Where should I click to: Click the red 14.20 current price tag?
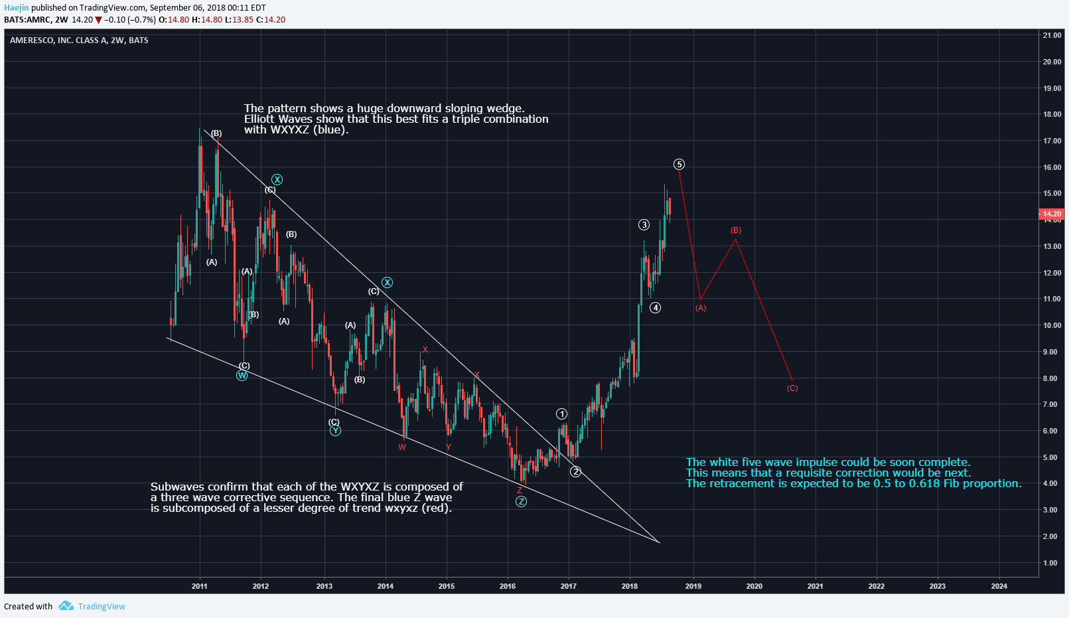pyautogui.click(x=1051, y=214)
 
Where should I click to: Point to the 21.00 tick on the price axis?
pyautogui.click(x=1052, y=35)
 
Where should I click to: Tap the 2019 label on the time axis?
pyautogui.click(x=693, y=586)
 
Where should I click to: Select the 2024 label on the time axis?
pyautogui.click(x=999, y=586)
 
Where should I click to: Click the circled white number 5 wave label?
pyautogui.click(x=679, y=165)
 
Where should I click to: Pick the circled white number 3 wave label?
pyautogui.click(x=644, y=225)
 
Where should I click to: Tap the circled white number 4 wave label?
pyautogui.click(x=655, y=307)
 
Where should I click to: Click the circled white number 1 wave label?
pyautogui.click(x=561, y=414)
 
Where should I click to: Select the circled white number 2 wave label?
pyautogui.click(x=575, y=471)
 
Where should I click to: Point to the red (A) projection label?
pyautogui.click(x=701, y=308)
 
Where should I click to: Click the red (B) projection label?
pyautogui.click(x=736, y=230)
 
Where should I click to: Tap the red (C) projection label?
pyautogui.click(x=792, y=388)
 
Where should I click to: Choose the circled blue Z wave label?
pyautogui.click(x=521, y=501)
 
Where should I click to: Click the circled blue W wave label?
pyautogui.click(x=242, y=376)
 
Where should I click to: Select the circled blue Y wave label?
pyautogui.click(x=335, y=431)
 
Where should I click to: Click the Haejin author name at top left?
pyautogui.click(x=17, y=8)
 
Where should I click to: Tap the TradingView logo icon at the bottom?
pyautogui.click(x=66, y=606)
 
